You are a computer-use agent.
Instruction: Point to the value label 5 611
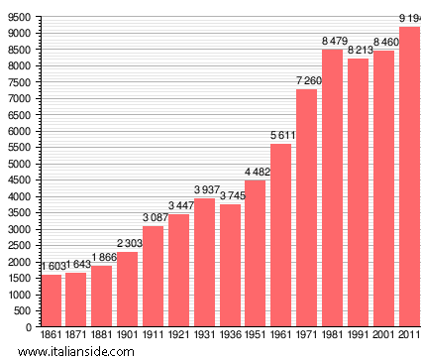click(280, 136)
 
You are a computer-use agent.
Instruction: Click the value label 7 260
click(306, 81)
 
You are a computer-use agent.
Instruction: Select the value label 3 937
click(204, 190)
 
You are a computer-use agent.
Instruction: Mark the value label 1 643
click(76, 265)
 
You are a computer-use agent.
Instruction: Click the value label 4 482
click(256, 173)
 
